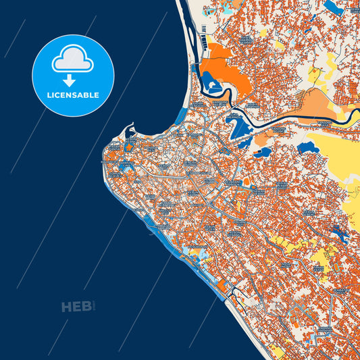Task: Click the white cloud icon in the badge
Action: [73, 59]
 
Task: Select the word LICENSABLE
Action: [73, 95]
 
